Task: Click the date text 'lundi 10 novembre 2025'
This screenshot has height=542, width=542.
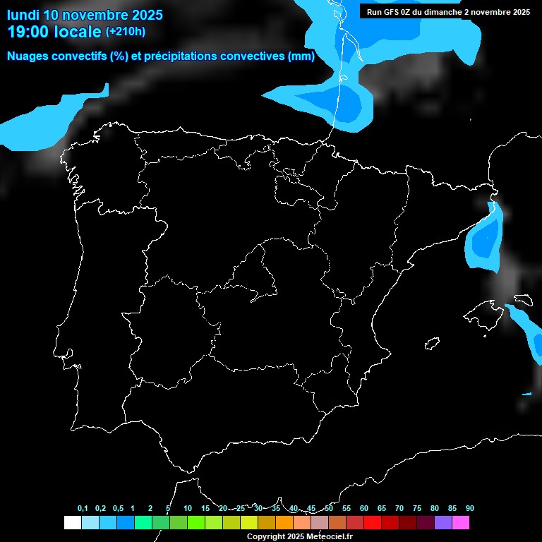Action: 85,15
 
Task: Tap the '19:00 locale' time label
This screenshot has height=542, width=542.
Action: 54,32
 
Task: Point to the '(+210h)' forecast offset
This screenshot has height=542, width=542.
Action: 125,32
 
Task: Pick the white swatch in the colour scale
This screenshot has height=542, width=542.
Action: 72,523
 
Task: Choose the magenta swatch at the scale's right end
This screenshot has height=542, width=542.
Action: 461,523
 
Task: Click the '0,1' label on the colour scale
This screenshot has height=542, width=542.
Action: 83,509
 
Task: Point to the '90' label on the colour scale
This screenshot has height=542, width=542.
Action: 470,509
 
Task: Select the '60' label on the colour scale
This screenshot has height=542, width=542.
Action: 364,509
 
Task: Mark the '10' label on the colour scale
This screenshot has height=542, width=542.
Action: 187,509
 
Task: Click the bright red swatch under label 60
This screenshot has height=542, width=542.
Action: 373,523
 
